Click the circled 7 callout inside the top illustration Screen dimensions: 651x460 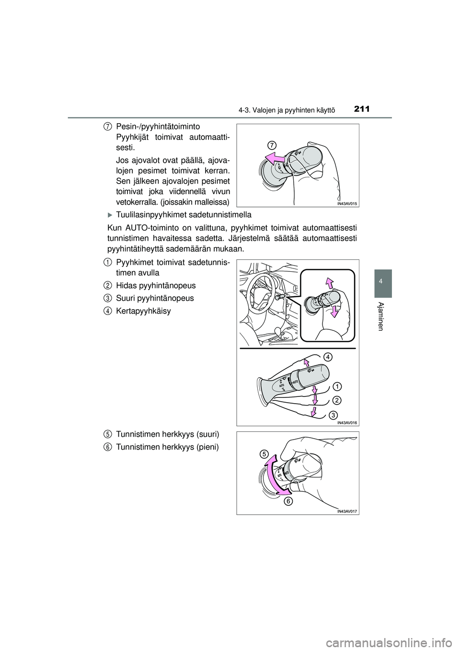(272, 144)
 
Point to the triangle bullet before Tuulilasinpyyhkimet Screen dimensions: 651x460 (110, 214)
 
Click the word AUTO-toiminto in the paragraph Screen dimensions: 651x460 (147, 227)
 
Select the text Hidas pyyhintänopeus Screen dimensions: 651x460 (156, 285)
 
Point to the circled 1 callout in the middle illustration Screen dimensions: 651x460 (337, 386)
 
